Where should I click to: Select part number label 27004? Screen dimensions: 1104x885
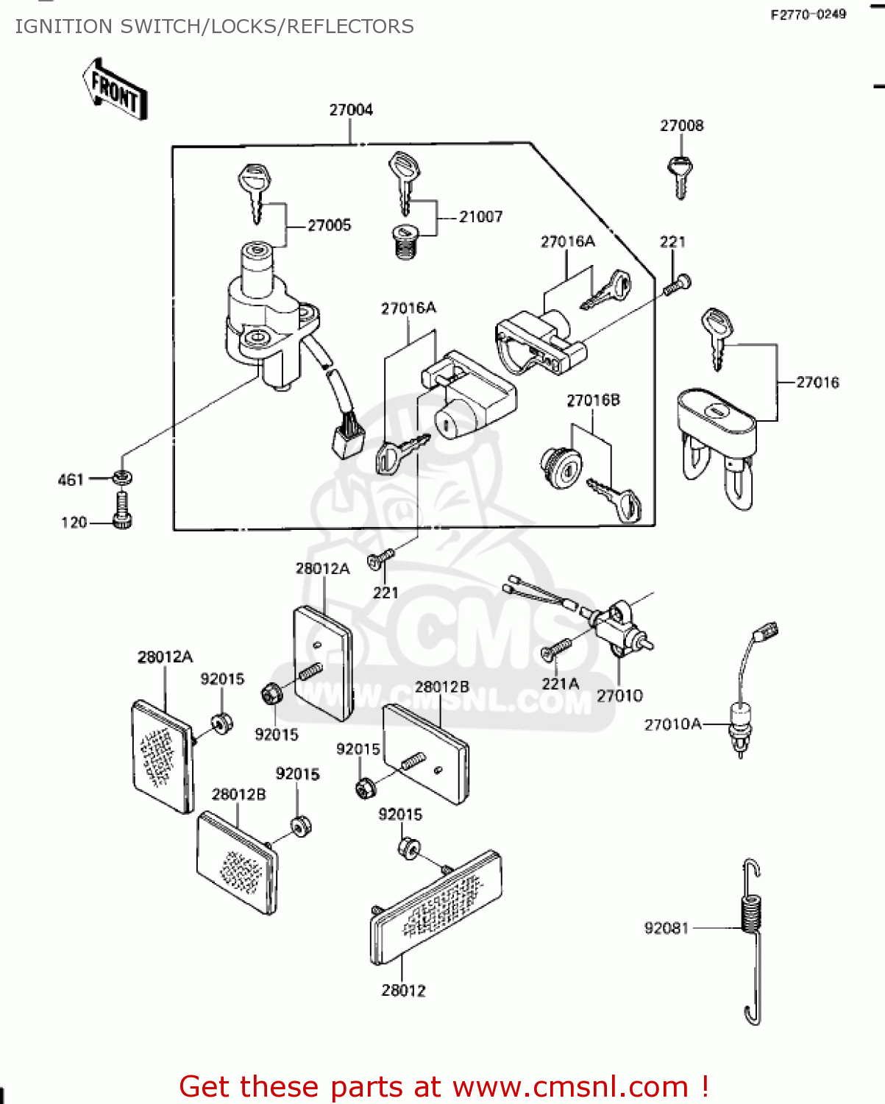(351, 110)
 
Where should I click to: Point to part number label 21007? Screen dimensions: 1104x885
(481, 217)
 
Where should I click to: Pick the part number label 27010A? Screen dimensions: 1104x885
(672, 725)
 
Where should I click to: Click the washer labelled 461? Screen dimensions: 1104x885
(122, 478)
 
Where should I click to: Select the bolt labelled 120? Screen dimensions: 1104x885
(122, 512)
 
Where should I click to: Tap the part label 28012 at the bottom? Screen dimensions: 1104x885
(403, 991)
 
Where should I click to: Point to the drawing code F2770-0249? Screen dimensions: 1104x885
(808, 15)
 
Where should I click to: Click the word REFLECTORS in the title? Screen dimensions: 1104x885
(350, 26)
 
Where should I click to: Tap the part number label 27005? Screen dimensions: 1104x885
(329, 226)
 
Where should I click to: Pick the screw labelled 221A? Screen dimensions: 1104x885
(556, 648)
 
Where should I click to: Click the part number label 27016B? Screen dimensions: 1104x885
(593, 400)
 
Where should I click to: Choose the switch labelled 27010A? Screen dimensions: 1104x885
(739, 725)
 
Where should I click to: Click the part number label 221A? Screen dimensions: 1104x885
(560, 684)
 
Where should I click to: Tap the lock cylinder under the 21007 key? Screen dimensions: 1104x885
(402, 241)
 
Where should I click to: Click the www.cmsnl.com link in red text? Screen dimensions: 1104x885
(570, 1087)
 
